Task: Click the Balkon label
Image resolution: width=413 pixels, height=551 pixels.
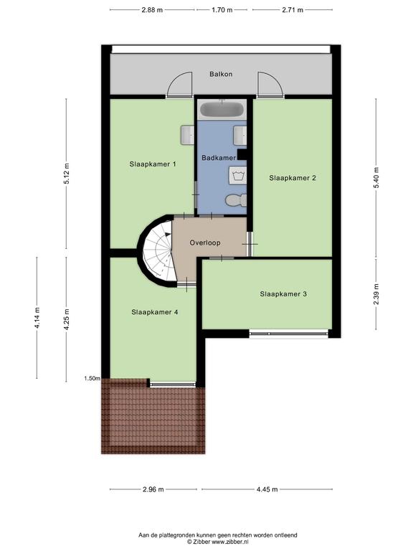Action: pyautogui.click(x=221, y=74)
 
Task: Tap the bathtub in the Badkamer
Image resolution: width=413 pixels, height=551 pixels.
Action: pyautogui.click(x=222, y=109)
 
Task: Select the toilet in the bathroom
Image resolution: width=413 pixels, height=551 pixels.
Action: pyautogui.click(x=236, y=200)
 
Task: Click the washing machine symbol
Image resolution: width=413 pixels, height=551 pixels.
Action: pyautogui.click(x=238, y=175)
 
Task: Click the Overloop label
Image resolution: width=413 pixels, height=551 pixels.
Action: pyautogui.click(x=205, y=242)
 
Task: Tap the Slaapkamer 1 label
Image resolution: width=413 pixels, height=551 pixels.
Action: pyautogui.click(x=153, y=164)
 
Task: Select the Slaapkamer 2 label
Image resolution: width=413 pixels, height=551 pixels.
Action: pyautogui.click(x=293, y=178)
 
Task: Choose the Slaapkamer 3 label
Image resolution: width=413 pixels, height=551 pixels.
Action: pyautogui.click(x=283, y=293)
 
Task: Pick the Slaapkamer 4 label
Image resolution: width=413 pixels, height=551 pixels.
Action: pyautogui.click(x=155, y=312)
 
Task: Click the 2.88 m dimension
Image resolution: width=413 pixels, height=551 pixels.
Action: pyautogui.click(x=152, y=10)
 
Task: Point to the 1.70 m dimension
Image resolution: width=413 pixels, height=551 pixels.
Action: pyautogui.click(x=222, y=10)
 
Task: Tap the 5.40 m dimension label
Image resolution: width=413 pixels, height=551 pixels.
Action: pyautogui.click(x=376, y=178)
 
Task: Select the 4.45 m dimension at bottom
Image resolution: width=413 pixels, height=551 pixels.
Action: pyautogui.click(x=267, y=489)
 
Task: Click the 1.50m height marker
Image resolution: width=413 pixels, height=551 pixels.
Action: pyautogui.click(x=92, y=379)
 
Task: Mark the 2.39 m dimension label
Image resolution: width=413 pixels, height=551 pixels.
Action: pyautogui.click(x=376, y=294)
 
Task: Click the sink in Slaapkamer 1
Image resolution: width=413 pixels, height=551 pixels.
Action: pyautogui.click(x=188, y=135)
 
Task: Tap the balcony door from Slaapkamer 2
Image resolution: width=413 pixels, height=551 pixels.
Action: pyautogui.click(x=270, y=84)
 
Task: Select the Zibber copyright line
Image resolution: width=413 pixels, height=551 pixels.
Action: pyautogui.click(x=218, y=542)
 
